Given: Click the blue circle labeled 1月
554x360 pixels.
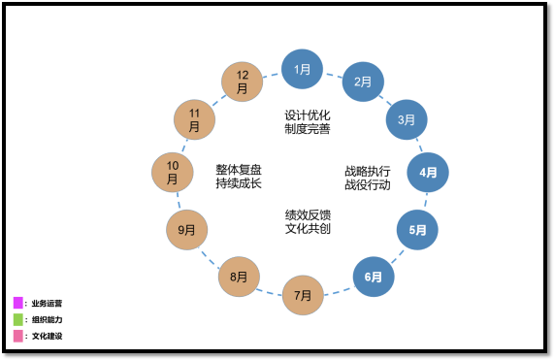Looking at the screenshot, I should [x=302, y=69].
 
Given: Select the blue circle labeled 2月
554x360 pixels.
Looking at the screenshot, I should [x=363, y=82].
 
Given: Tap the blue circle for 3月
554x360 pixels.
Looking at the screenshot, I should [x=407, y=120].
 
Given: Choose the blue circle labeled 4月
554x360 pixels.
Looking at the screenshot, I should [x=428, y=173].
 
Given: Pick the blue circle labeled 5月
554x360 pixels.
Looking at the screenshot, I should [x=417, y=230].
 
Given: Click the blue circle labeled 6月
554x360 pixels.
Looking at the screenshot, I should [x=374, y=277].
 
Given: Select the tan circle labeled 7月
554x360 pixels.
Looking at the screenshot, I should [x=303, y=295].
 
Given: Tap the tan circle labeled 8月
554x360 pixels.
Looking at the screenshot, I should [x=239, y=277].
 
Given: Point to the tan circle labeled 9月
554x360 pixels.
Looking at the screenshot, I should [x=187, y=230].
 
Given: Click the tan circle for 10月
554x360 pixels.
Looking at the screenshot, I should [x=173, y=173].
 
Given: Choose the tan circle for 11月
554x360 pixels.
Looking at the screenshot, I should [x=194, y=120].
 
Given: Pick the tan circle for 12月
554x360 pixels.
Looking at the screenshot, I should [x=243, y=82].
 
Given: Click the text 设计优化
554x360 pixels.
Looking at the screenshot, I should [x=308, y=115].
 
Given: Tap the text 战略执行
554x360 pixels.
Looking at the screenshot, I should [x=368, y=171].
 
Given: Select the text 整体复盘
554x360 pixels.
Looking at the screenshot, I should [x=239, y=169].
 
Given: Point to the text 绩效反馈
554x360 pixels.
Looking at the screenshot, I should [x=308, y=214].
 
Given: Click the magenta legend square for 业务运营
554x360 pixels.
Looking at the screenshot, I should [x=18, y=303].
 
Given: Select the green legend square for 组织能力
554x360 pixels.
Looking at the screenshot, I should [x=18, y=319].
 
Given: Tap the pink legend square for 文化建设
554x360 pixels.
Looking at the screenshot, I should [x=18, y=336].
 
